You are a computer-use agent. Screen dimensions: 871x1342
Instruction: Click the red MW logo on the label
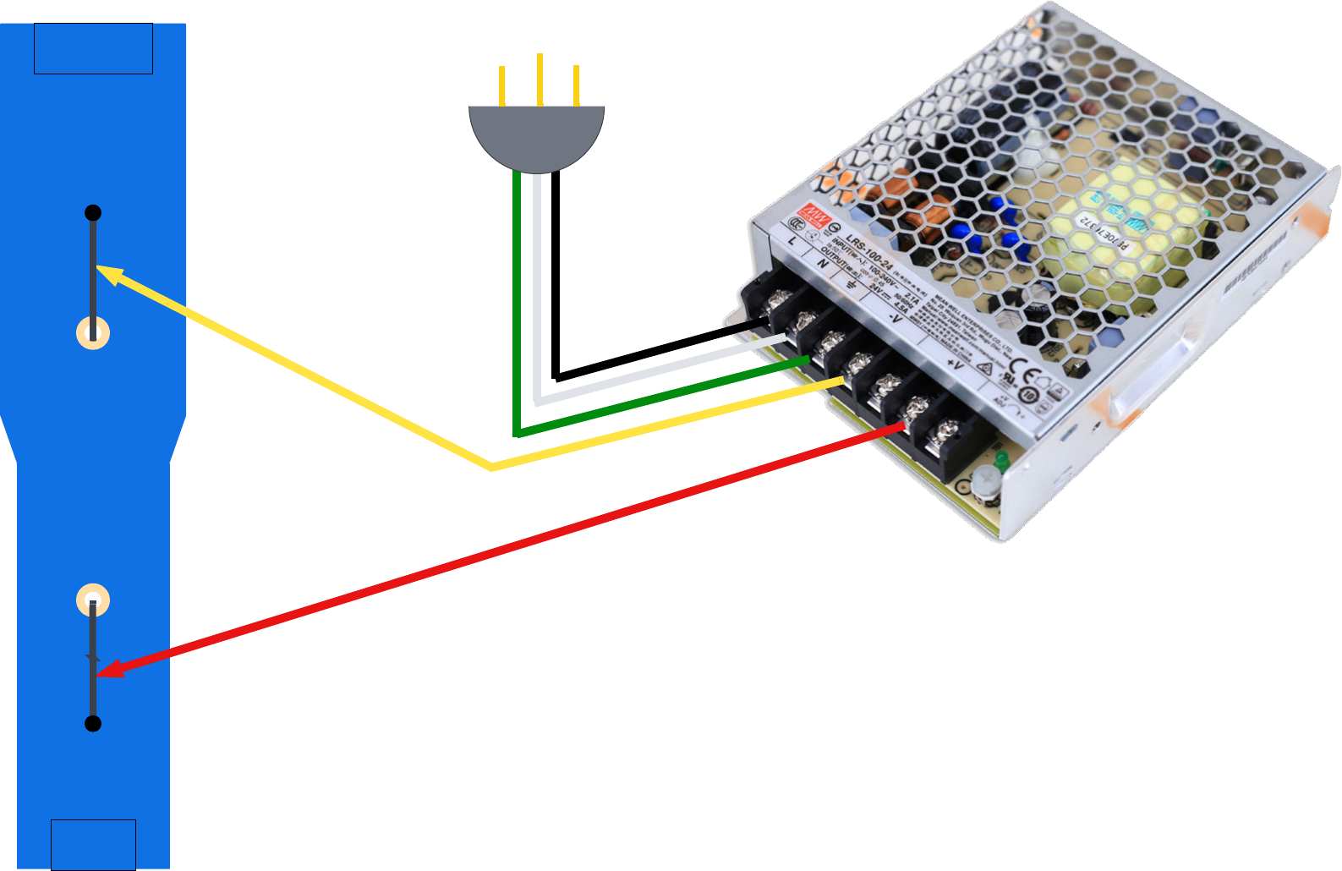point(814,212)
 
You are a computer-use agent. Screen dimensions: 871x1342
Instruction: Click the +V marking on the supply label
point(954,363)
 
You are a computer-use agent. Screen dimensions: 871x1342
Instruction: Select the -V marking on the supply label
point(895,319)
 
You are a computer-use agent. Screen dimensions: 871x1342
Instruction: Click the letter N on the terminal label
point(822,263)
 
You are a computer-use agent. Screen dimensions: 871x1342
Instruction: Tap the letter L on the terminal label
point(792,241)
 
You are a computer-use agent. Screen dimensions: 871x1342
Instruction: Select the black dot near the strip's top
point(93,212)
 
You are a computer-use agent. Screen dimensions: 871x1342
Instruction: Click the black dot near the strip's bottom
point(93,724)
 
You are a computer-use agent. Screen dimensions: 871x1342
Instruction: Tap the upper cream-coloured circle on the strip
point(93,332)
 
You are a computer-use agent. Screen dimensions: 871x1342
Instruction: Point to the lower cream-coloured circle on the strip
point(93,600)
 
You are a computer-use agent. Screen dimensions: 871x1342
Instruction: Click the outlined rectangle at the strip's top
point(93,48)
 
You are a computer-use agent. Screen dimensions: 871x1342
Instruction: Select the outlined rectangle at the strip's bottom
point(93,844)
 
